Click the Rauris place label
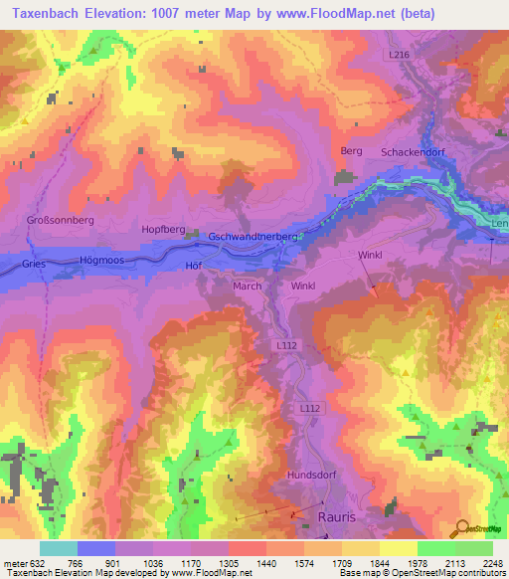pyautogui.click(x=337, y=517)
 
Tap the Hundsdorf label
pyautogui.click(x=312, y=476)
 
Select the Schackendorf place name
pyautogui.click(x=412, y=151)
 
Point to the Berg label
pyautogui.click(x=351, y=151)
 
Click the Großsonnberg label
pyautogui.click(x=60, y=220)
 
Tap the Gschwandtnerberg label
pyautogui.click(x=254, y=237)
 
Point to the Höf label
pyautogui.click(x=194, y=266)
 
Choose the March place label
pyautogui.click(x=247, y=287)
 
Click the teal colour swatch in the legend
pyautogui.click(x=59, y=548)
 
